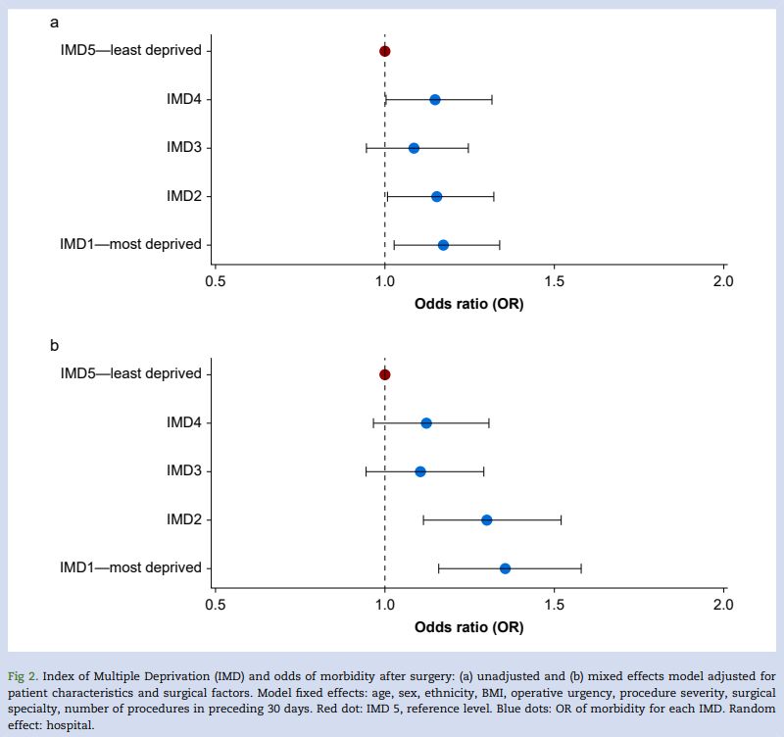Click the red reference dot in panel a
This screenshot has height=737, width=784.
click(x=385, y=51)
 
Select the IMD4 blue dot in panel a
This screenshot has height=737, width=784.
click(x=435, y=100)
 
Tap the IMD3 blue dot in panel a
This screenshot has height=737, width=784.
click(x=414, y=148)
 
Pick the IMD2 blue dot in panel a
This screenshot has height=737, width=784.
click(x=436, y=197)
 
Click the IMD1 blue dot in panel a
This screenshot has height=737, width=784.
click(x=443, y=245)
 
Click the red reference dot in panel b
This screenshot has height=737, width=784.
click(x=385, y=374)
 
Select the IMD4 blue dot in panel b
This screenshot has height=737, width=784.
click(x=426, y=423)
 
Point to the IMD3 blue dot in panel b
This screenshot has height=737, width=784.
click(x=420, y=471)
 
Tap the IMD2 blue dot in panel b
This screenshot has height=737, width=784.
click(x=487, y=520)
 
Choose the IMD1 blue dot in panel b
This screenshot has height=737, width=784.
click(x=505, y=568)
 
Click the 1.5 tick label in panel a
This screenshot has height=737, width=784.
click(x=555, y=281)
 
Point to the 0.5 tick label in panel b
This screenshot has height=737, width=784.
click(x=216, y=605)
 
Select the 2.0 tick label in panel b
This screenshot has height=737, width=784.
click(x=723, y=605)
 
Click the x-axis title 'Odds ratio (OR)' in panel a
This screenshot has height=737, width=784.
click(x=468, y=304)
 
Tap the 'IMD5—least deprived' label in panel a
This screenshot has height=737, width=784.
click(x=130, y=51)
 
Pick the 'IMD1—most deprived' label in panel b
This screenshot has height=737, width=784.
click(x=130, y=568)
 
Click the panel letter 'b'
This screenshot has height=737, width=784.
click(x=55, y=345)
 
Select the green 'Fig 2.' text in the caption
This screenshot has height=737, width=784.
click(x=24, y=675)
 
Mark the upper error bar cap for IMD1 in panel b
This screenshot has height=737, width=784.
click(x=581, y=568)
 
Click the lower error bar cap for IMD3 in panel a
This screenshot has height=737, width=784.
click(x=367, y=148)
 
